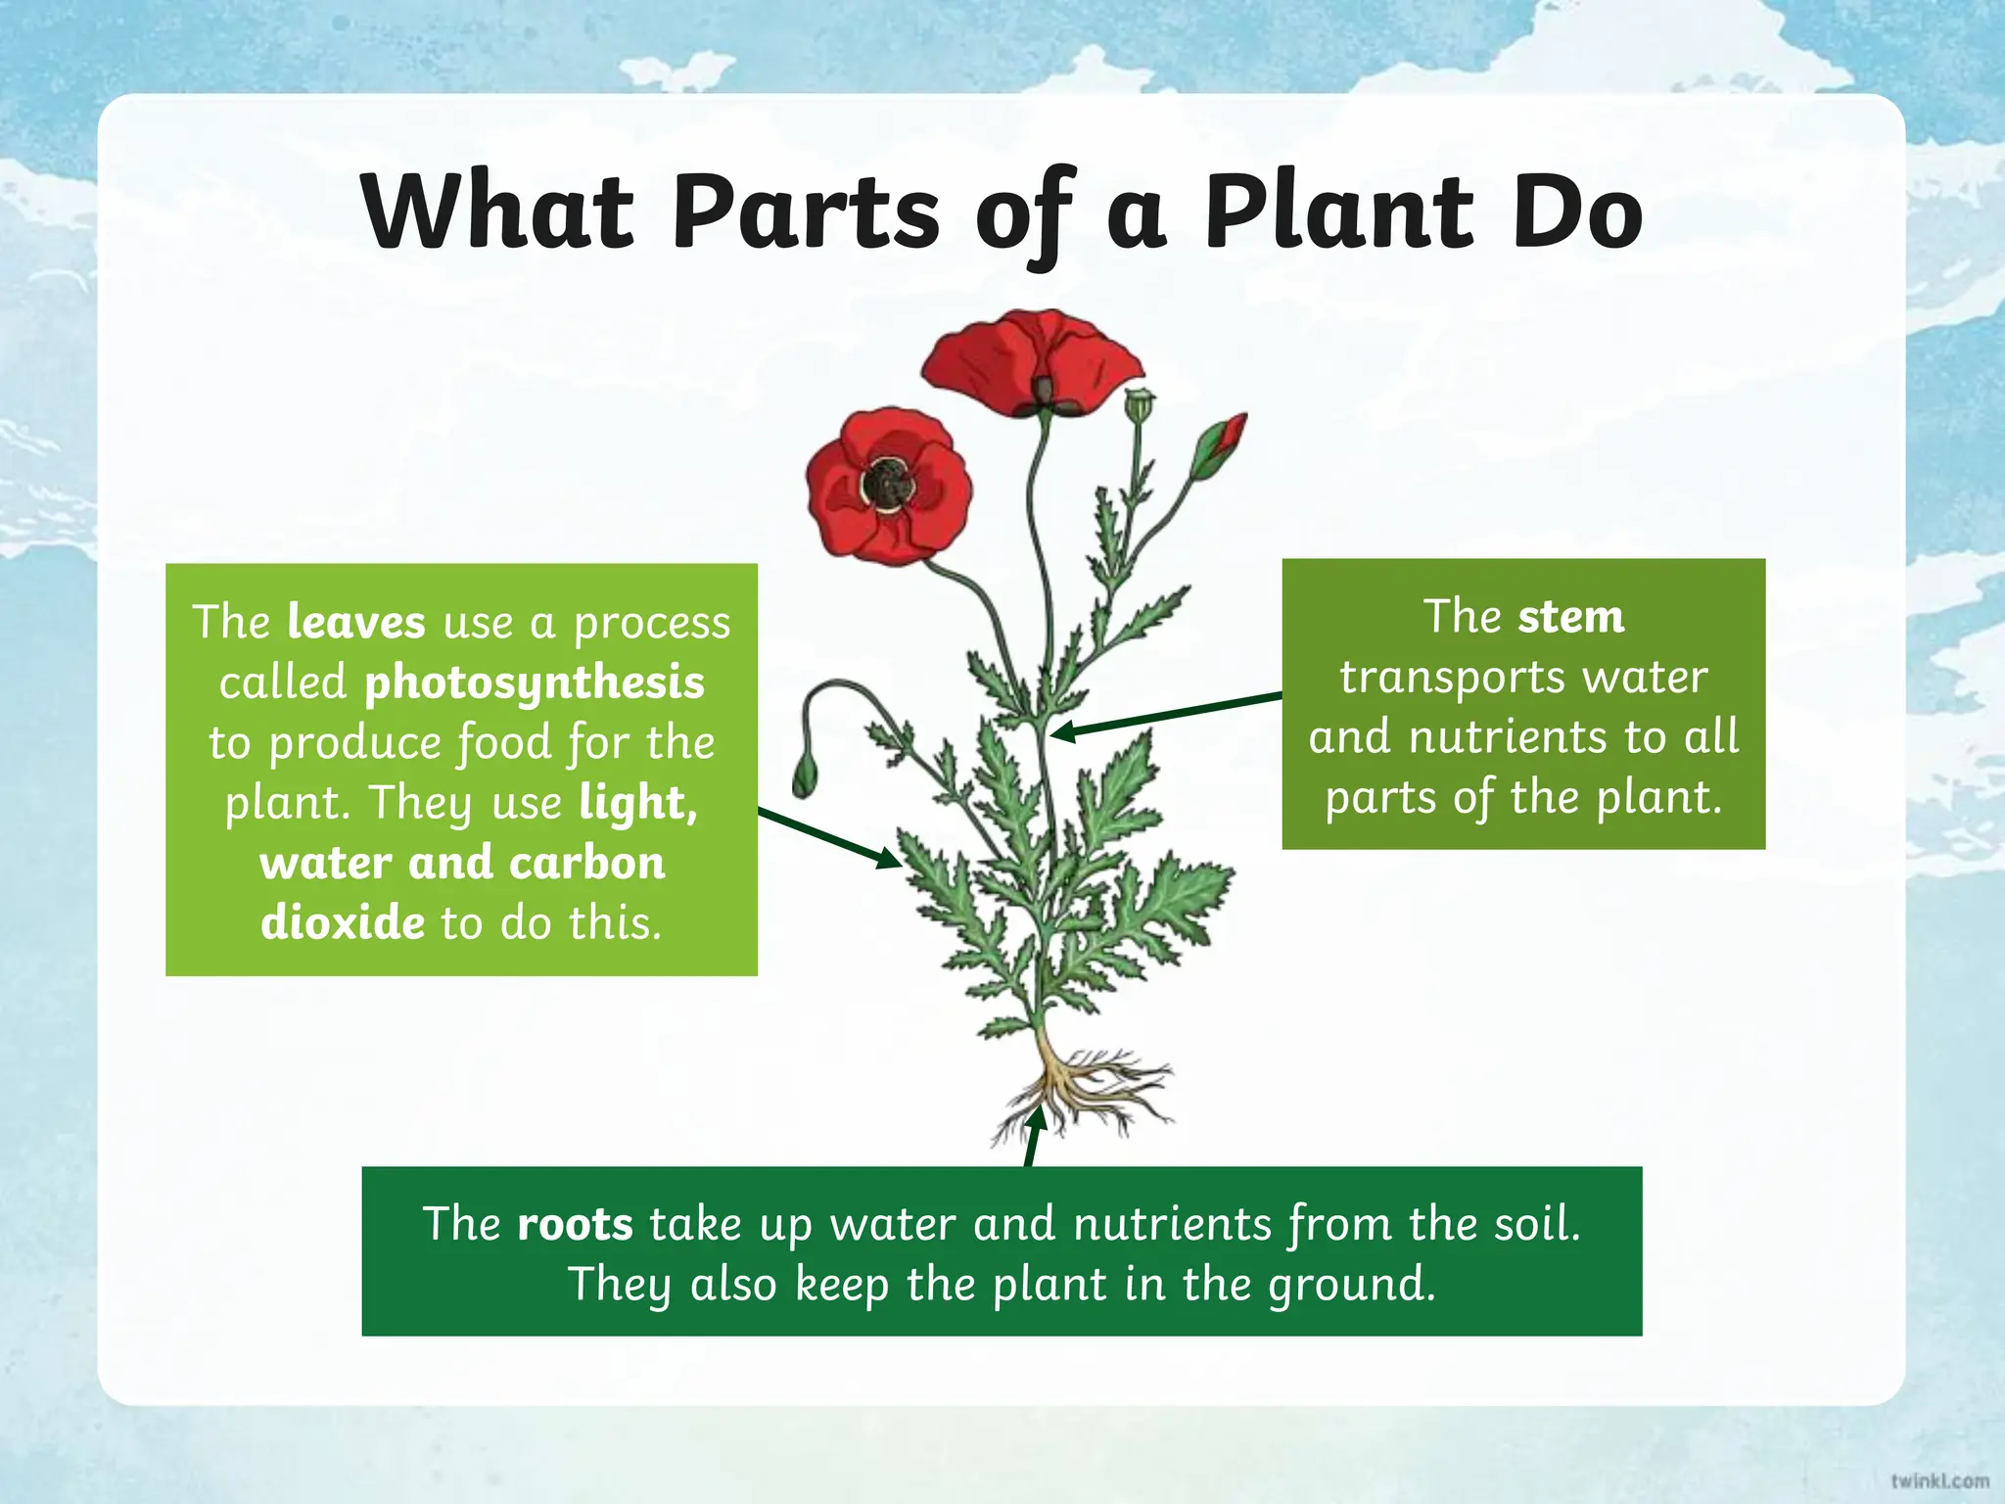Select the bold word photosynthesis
(534, 682)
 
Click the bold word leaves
(356, 623)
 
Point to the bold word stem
(1570, 617)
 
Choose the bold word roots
(575, 1224)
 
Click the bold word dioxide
(343, 922)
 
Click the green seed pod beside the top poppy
(1139, 403)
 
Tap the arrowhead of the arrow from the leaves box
(889, 860)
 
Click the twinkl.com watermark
(1939, 1480)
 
